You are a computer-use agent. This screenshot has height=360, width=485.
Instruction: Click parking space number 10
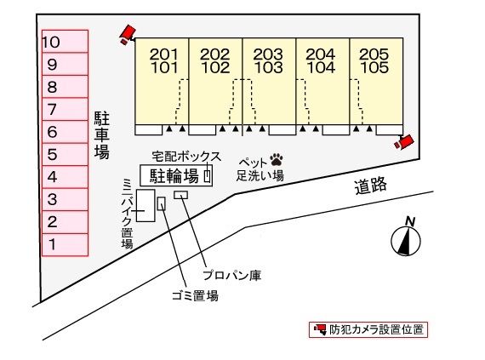click(65, 41)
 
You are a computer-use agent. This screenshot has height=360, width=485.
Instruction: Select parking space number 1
click(65, 244)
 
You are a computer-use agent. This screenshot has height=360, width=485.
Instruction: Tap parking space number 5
click(65, 155)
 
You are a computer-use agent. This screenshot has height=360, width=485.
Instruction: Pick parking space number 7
click(65, 109)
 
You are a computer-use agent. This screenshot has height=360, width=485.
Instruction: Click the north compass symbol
click(407, 237)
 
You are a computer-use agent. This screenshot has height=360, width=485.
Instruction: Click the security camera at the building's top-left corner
click(128, 34)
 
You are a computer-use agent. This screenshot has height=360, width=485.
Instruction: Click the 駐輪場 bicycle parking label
click(174, 176)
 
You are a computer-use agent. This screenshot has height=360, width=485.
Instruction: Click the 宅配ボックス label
click(186, 157)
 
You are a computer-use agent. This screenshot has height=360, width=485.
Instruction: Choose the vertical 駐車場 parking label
click(101, 134)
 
